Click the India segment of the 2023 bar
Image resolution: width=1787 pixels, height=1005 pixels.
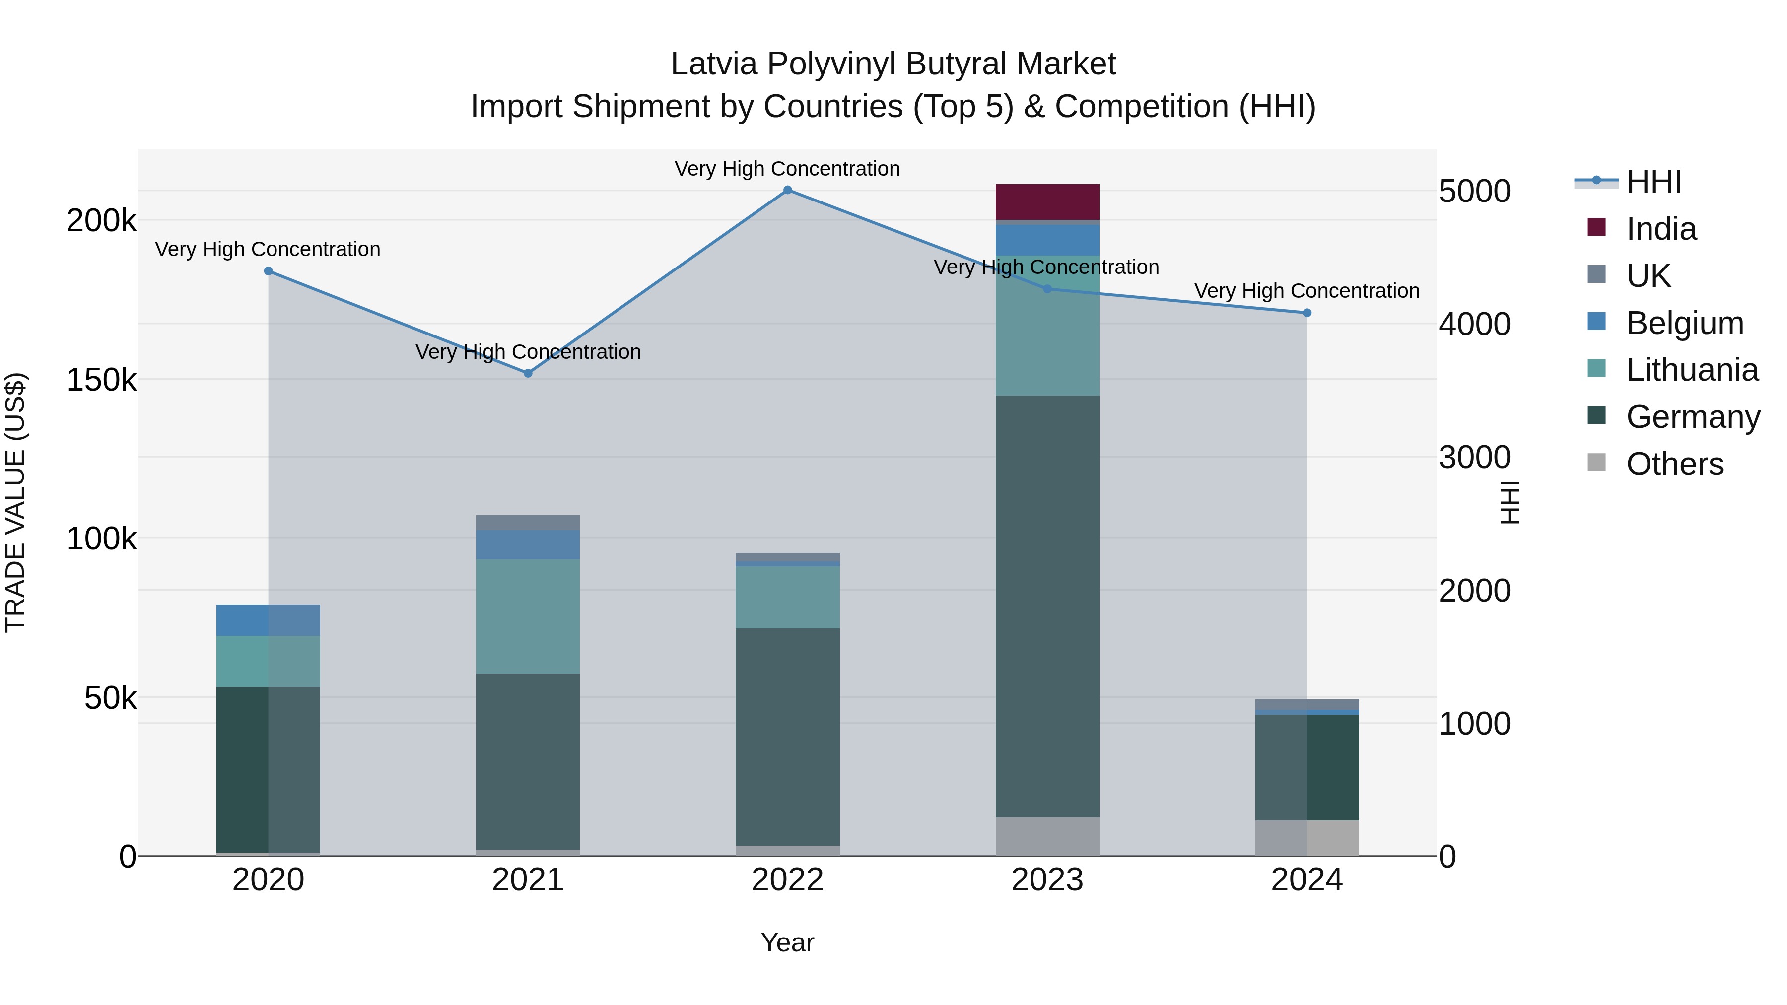click(x=1047, y=202)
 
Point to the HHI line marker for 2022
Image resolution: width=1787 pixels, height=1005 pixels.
click(x=787, y=190)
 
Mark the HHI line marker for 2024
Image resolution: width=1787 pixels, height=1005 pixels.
click(x=1306, y=313)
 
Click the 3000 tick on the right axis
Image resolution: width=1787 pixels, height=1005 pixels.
click(x=1474, y=457)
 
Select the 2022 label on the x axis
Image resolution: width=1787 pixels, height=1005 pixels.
click(x=787, y=880)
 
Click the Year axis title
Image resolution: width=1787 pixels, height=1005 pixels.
click(x=787, y=942)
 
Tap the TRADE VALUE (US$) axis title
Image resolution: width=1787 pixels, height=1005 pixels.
click(x=15, y=502)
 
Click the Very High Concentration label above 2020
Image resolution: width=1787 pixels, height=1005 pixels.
click(x=268, y=249)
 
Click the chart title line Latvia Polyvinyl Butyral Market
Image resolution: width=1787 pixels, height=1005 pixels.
click(x=893, y=64)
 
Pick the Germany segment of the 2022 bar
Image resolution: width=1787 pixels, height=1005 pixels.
click(x=787, y=737)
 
